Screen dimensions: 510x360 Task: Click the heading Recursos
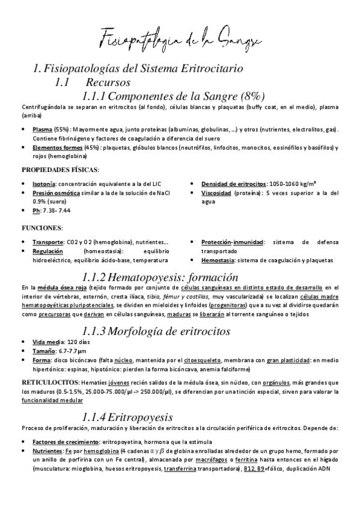pyautogui.click(x=108, y=82)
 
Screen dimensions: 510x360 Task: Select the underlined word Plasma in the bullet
pyautogui.click(x=42, y=129)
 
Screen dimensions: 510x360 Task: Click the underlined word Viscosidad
pyautogui.click(x=220, y=193)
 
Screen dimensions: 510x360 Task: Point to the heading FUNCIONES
pyautogui.click(x=44, y=228)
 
